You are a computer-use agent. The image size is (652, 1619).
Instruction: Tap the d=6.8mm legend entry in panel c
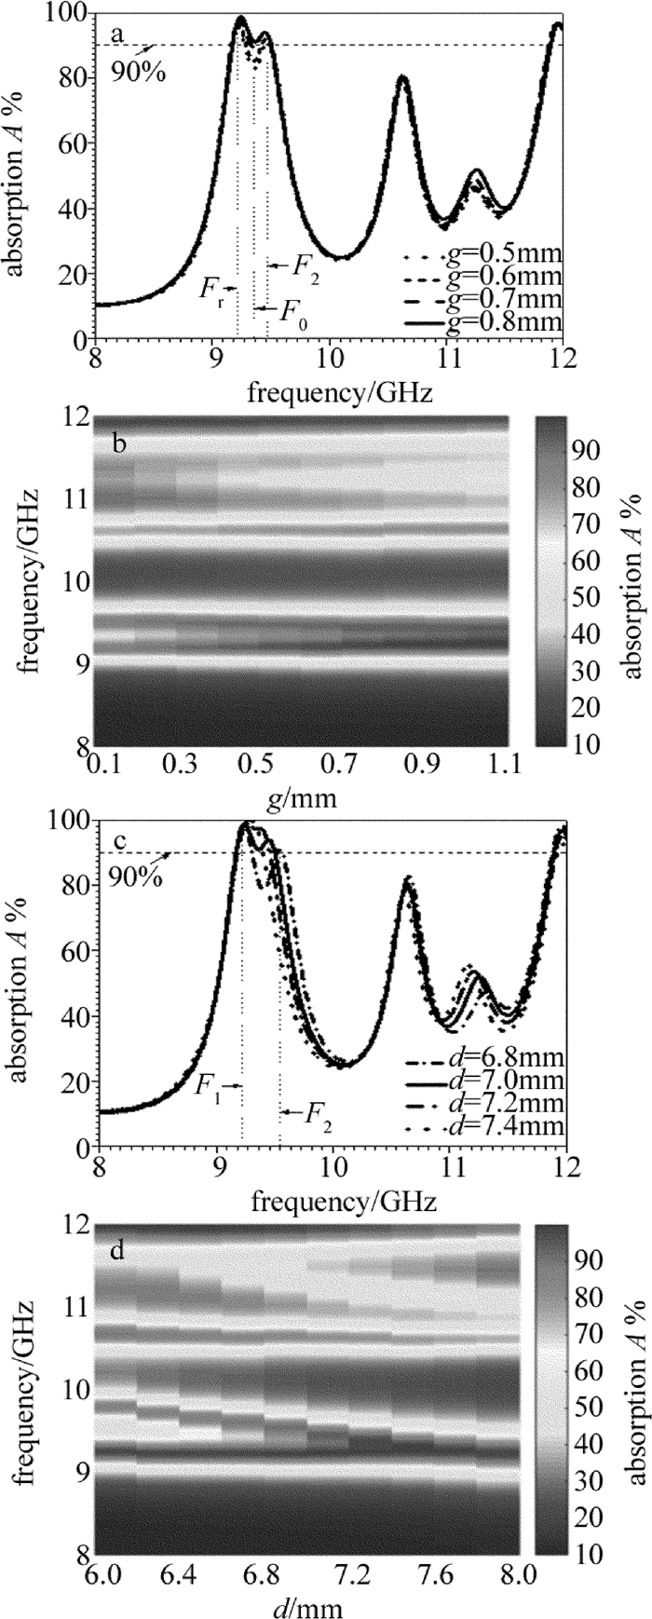point(510,1060)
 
